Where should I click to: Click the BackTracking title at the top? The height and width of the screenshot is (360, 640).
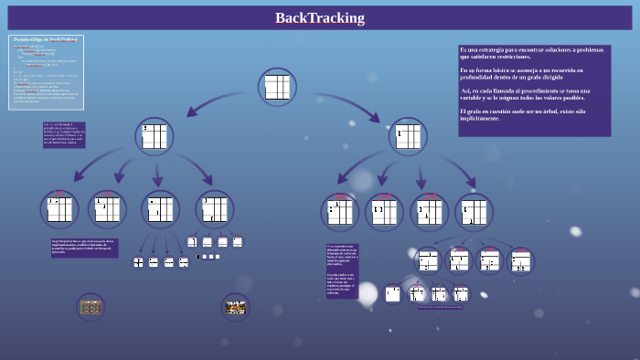pos(319,18)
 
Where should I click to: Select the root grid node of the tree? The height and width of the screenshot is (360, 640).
pos(277,87)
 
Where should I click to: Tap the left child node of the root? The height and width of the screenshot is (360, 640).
pos(155,136)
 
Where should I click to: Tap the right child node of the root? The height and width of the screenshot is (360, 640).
pos(407,136)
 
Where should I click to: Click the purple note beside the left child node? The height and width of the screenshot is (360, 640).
pos(64,134)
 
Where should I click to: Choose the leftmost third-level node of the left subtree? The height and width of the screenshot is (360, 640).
pos(59,208)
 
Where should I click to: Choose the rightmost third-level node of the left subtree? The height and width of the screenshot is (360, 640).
pos(215,208)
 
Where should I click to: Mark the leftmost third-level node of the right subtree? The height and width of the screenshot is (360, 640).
pos(339,212)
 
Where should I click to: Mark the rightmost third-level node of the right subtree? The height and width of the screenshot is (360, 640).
pos(474,212)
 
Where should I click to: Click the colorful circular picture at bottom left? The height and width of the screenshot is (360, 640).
pos(91,307)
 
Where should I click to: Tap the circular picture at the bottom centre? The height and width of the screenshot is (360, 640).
pos(236,307)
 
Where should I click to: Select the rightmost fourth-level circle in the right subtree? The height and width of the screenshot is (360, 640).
pos(520,261)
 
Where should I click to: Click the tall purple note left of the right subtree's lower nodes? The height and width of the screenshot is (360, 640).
pos(342,270)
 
